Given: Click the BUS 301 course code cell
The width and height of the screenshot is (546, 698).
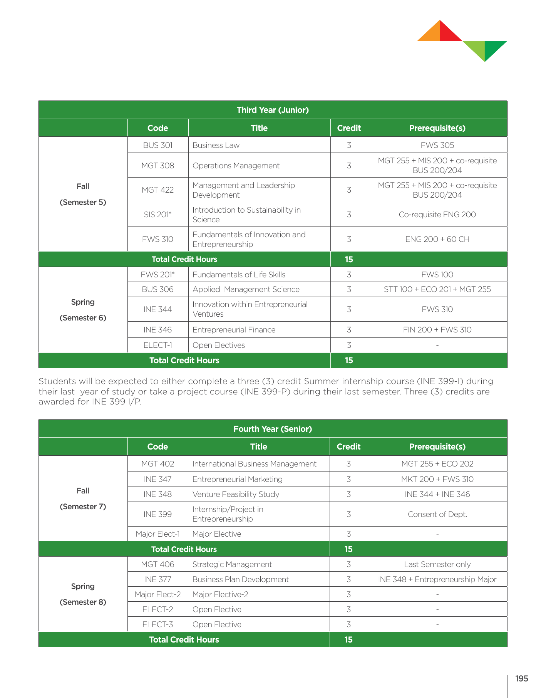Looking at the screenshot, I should (x=157, y=145).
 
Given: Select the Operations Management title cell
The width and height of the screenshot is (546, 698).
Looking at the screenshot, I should (x=236, y=166).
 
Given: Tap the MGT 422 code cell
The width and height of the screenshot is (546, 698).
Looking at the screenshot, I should (x=157, y=190).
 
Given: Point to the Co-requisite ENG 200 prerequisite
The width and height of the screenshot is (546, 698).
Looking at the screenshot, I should (x=437, y=215).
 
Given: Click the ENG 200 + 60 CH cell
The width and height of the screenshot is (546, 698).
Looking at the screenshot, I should (x=437, y=239).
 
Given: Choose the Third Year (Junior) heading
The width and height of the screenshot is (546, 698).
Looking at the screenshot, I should (x=273, y=110).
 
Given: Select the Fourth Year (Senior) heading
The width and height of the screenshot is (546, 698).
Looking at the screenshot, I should (x=273, y=429).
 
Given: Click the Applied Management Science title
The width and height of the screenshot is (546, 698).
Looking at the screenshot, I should (x=246, y=289).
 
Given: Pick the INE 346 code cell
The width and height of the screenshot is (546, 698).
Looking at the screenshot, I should (x=157, y=330).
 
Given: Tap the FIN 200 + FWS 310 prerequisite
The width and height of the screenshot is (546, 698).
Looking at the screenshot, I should (x=437, y=330).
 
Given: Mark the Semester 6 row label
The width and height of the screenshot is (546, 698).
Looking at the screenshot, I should (x=83, y=318).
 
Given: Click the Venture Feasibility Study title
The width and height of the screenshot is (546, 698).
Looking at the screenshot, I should (x=236, y=494).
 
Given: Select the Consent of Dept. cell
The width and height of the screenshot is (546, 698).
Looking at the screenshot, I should (x=437, y=514).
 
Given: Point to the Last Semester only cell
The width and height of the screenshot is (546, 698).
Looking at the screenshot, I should (x=437, y=564).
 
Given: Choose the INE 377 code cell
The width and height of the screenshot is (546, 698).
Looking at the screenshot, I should (x=157, y=579).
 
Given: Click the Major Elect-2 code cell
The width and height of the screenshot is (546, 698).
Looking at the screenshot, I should (x=157, y=594).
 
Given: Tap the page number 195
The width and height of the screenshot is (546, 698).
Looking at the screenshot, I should (x=521, y=679).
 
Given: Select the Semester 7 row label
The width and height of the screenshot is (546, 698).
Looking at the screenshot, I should (x=83, y=507).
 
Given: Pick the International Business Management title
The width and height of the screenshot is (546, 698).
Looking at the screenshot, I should (x=254, y=464).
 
